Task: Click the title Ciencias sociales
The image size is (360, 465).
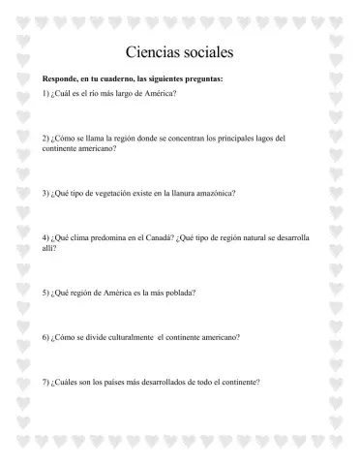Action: click(180, 50)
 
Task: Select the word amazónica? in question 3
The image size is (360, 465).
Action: click(212, 193)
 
